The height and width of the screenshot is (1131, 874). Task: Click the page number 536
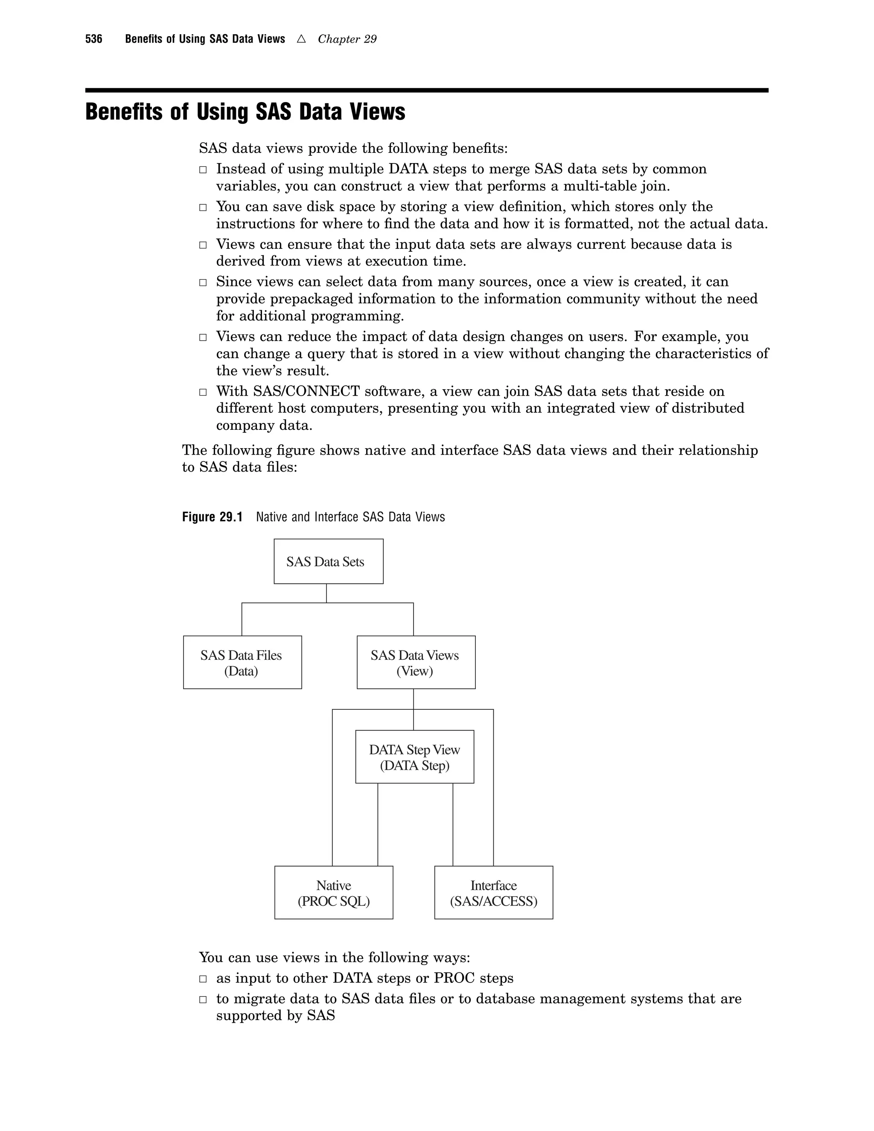pos(94,39)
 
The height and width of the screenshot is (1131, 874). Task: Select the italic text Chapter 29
pos(347,39)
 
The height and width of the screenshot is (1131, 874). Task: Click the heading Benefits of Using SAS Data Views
pos(245,112)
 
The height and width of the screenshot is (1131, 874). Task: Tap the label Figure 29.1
pos(212,517)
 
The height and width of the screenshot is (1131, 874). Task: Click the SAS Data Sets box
pos(328,561)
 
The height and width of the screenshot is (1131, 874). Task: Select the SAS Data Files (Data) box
pos(242,662)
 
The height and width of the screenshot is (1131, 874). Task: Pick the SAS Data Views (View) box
pos(416,662)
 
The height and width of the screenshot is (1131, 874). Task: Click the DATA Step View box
pos(414,757)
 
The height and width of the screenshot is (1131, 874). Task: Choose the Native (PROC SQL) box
pos(333,893)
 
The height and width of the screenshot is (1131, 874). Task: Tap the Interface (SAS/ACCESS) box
pos(493,893)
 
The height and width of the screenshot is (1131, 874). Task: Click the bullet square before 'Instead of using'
pos(203,170)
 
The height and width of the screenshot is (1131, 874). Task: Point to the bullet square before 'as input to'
pos(203,979)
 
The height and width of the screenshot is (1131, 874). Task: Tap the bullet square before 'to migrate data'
pos(203,1000)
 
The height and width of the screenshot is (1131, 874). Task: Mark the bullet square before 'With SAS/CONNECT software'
pos(203,392)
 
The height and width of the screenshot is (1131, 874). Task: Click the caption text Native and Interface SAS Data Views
pos(350,517)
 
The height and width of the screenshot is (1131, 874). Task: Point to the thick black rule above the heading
pos(427,90)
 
